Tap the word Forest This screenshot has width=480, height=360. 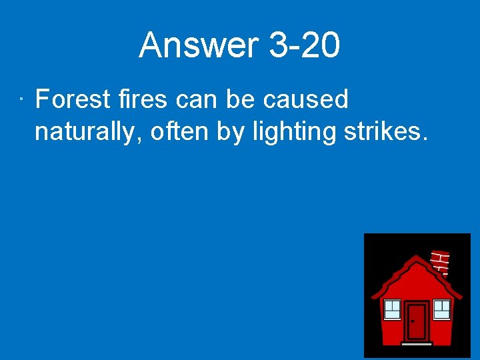click(x=73, y=99)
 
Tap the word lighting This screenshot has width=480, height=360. click(x=295, y=132)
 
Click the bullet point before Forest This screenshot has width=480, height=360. click(x=22, y=100)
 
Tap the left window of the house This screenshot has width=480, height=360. click(x=392, y=309)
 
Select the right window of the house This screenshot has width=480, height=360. click(x=442, y=309)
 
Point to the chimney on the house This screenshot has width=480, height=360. click(x=441, y=262)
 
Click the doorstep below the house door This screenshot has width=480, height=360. click(x=417, y=343)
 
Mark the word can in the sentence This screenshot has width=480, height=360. click(x=198, y=99)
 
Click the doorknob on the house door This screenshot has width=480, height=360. click(x=413, y=321)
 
